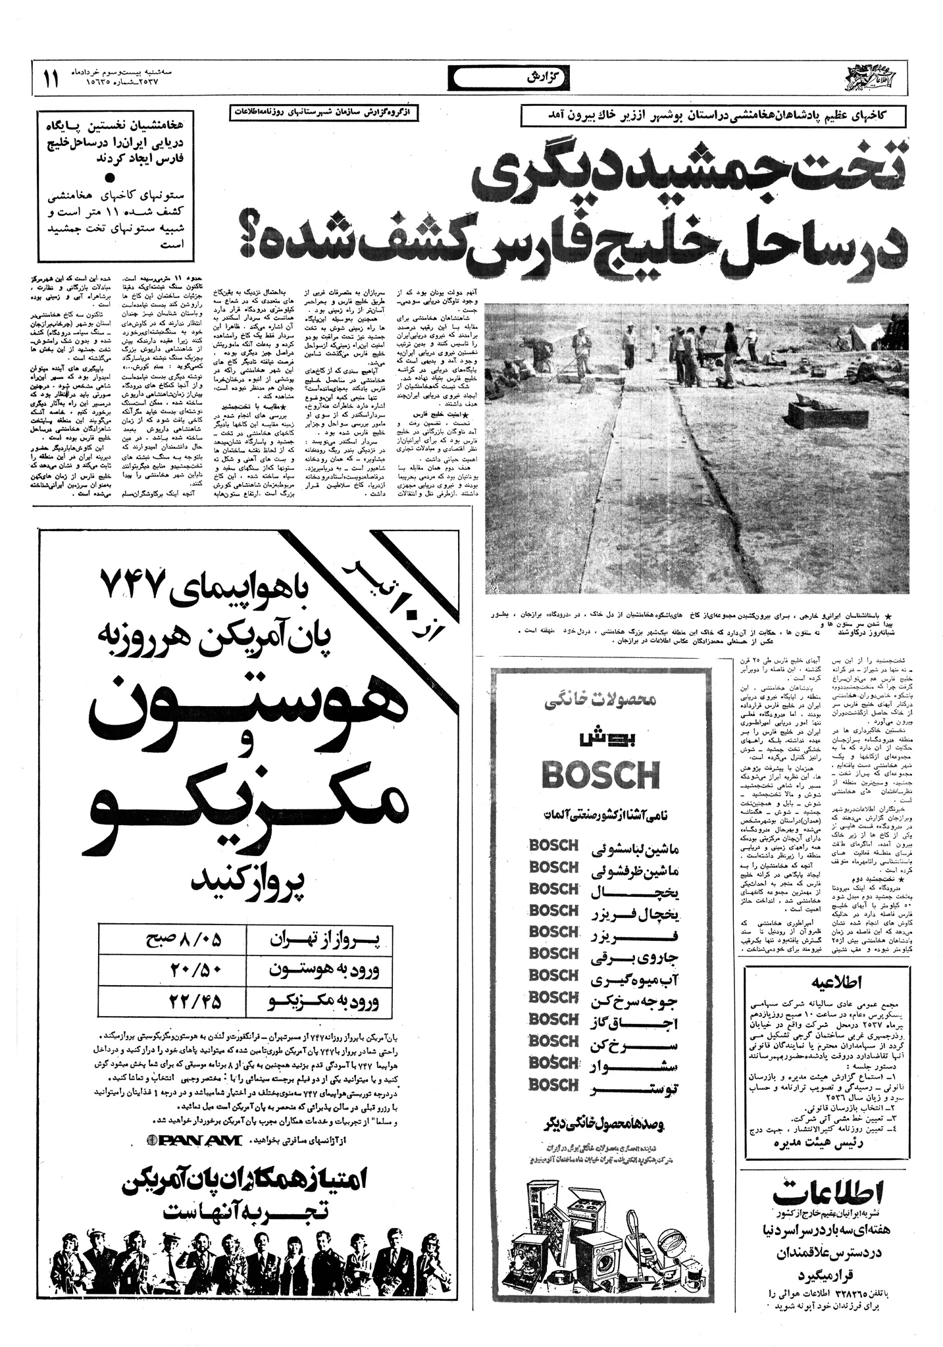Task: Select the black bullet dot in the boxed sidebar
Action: pos(110,178)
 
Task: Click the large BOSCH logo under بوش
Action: pos(599,775)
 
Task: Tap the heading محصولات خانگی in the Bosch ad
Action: pos(600,701)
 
